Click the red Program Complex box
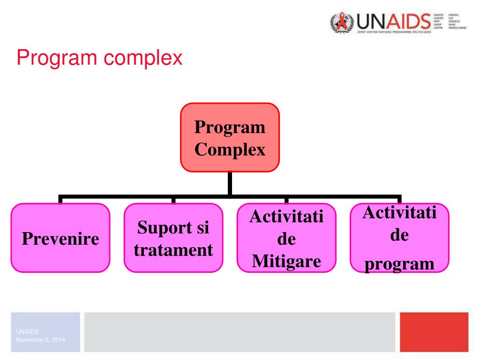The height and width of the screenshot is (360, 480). (x=230, y=137)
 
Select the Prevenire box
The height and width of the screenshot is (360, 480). (x=60, y=238)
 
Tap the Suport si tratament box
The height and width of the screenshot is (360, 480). (x=173, y=238)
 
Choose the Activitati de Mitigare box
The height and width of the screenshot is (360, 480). (x=286, y=238)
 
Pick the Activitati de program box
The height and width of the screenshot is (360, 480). (x=399, y=238)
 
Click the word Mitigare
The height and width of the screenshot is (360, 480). (x=286, y=260)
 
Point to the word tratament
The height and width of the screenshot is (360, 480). (x=173, y=249)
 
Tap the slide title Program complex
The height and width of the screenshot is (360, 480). (x=99, y=58)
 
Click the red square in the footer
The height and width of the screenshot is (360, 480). (x=434, y=332)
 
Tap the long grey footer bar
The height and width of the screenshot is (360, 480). (x=240, y=332)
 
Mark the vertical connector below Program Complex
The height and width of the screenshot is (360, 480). (x=230, y=183)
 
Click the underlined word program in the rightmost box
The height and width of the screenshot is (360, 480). (x=399, y=263)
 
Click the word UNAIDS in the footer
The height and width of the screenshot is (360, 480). (x=23, y=331)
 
